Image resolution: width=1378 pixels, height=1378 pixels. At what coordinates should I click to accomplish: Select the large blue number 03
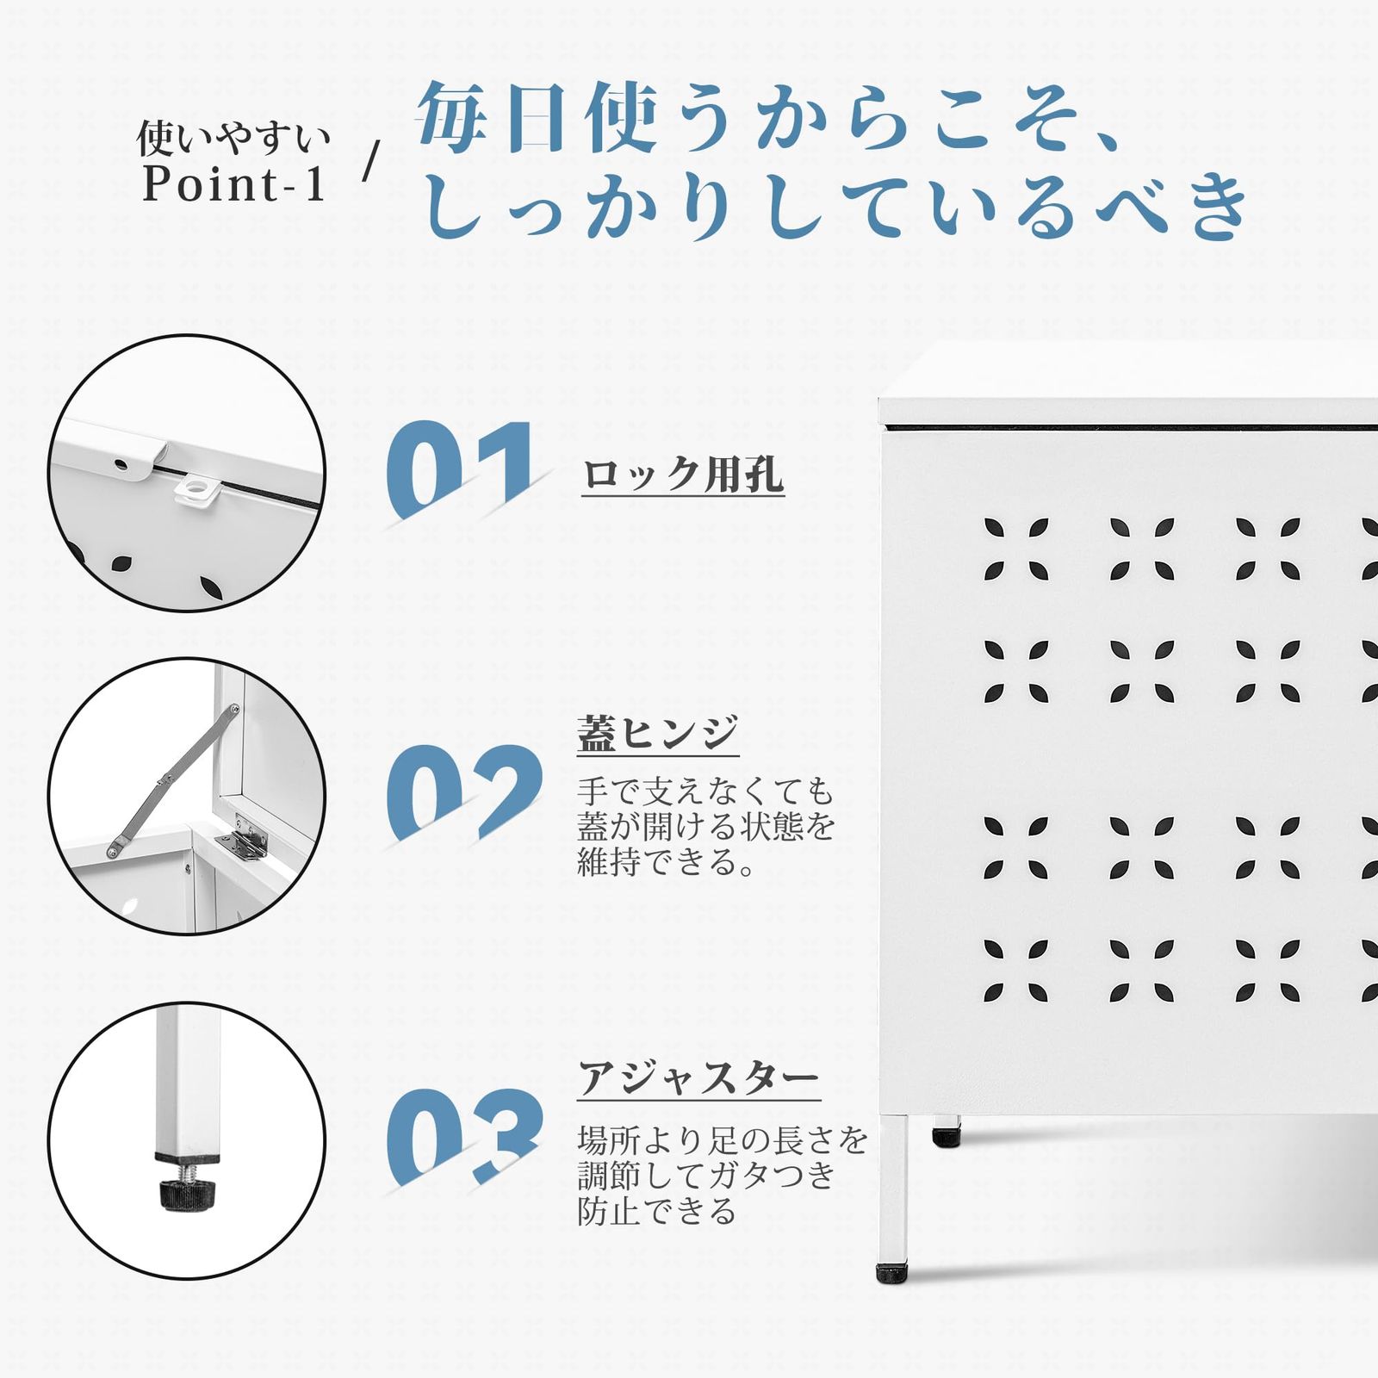click(463, 1137)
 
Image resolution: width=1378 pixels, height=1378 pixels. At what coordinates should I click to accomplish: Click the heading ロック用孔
click(683, 475)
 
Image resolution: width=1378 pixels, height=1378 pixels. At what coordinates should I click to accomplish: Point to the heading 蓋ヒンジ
click(658, 733)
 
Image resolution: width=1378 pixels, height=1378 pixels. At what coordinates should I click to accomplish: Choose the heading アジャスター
click(698, 1078)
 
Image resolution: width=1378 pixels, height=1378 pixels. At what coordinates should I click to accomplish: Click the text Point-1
click(233, 183)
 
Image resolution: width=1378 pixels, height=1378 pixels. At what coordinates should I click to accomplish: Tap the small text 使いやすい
click(233, 138)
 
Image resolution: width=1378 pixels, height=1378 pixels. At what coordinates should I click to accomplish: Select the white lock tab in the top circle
click(195, 489)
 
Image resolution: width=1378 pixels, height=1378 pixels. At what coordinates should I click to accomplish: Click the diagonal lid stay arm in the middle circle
click(172, 780)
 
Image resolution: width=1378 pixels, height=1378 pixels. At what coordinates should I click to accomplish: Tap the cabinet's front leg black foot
click(891, 1273)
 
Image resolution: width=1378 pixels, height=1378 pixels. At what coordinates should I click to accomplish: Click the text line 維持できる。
click(666, 862)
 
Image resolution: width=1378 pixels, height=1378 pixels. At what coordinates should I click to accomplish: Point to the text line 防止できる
click(657, 1211)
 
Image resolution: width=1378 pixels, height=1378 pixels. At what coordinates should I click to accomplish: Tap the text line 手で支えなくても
click(706, 790)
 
